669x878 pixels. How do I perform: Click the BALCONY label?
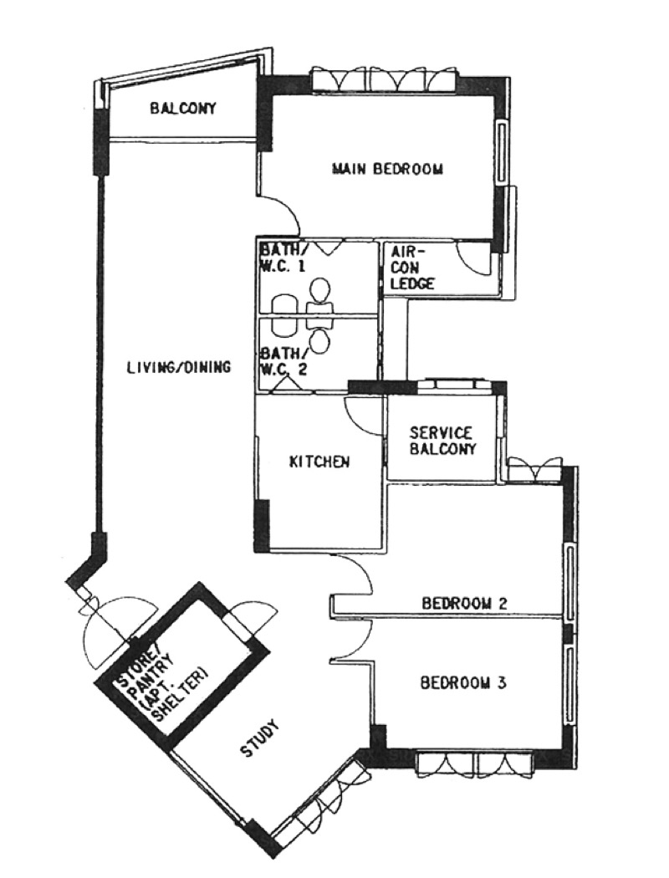coord(182,108)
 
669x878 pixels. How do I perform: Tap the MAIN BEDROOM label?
coord(387,169)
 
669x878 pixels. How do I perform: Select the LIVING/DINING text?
coord(179,367)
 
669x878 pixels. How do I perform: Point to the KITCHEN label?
coord(319,462)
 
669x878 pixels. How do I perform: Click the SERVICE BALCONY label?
coord(443,441)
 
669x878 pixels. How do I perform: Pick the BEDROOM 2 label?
coord(464,603)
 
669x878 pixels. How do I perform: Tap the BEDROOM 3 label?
coord(463,683)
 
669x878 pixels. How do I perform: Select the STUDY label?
coord(258,740)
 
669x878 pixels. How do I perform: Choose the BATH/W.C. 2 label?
coord(283,362)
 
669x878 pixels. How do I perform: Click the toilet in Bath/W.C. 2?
coord(319,335)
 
